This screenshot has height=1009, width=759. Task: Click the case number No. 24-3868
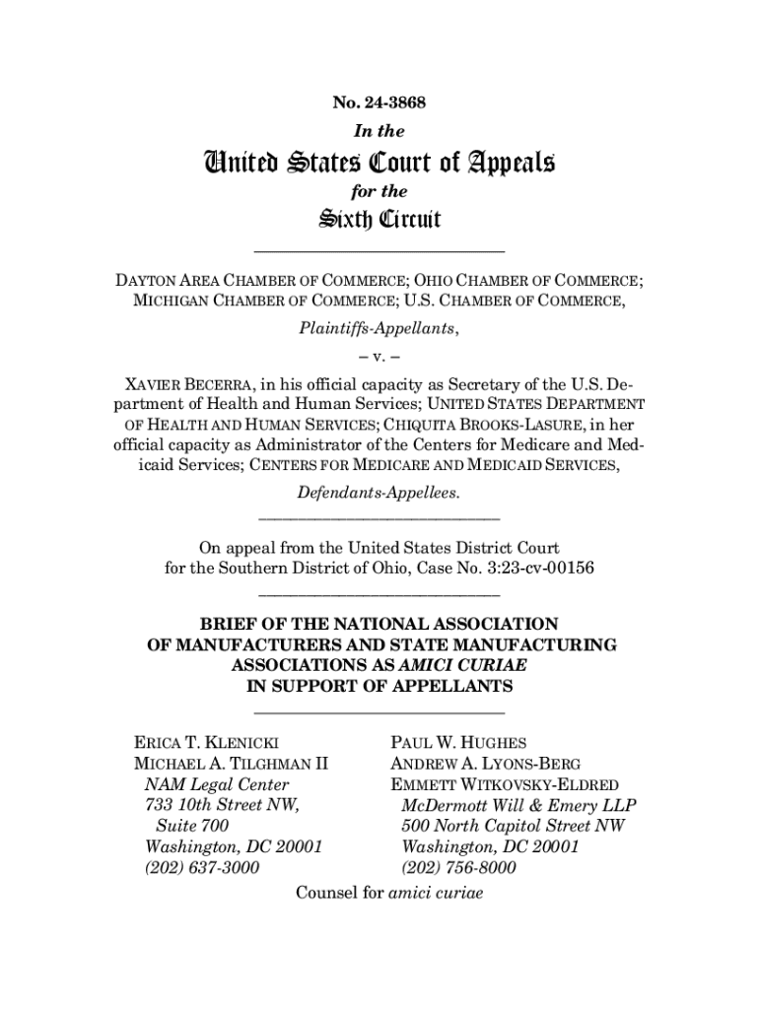coord(379,101)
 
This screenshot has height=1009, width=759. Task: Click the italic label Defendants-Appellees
coord(379,491)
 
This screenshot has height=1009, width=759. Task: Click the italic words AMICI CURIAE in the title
coord(469,665)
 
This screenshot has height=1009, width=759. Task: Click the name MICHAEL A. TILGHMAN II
coord(231,764)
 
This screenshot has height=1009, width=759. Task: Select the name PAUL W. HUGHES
coord(458,742)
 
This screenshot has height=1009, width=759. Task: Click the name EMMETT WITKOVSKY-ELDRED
coord(505,784)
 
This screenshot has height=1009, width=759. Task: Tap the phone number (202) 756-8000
coord(458,868)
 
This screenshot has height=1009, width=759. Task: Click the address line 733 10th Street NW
coord(222,805)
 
